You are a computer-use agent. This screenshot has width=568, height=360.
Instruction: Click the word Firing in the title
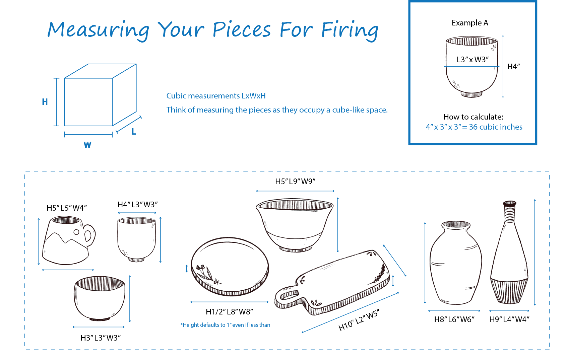click(x=350, y=30)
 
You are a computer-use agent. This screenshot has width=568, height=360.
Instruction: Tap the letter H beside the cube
click(x=45, y=102)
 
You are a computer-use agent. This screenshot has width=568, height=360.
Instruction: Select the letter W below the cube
click(x=87, y=145)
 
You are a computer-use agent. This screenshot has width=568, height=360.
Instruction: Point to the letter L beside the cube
click(x=134, y=132)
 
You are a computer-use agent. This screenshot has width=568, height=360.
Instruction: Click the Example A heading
click(x=470, y=23)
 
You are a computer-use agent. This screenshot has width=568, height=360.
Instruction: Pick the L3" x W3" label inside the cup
click(x=472, y=60)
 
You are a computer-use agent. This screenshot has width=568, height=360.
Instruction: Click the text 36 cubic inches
click(x=496, y=127)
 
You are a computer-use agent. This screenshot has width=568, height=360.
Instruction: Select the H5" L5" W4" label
click(x=67, y=208)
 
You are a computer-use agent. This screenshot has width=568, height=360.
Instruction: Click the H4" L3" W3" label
click(x=138, y=205)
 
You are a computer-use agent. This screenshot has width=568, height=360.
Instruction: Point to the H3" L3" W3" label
click(x=101, y=338)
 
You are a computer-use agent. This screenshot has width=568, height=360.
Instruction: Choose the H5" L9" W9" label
click(x=296, y=182)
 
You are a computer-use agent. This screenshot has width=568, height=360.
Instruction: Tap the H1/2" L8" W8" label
click(x=230, y=312)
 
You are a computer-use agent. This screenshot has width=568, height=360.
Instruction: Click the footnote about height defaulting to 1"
click(x=225, y=325)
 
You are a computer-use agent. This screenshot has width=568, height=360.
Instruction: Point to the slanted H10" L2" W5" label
click(x=359, y=320)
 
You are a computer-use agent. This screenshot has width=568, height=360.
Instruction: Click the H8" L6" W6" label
click(x=454, y=319)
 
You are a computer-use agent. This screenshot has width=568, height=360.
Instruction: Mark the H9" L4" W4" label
click(x=509, y=319)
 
